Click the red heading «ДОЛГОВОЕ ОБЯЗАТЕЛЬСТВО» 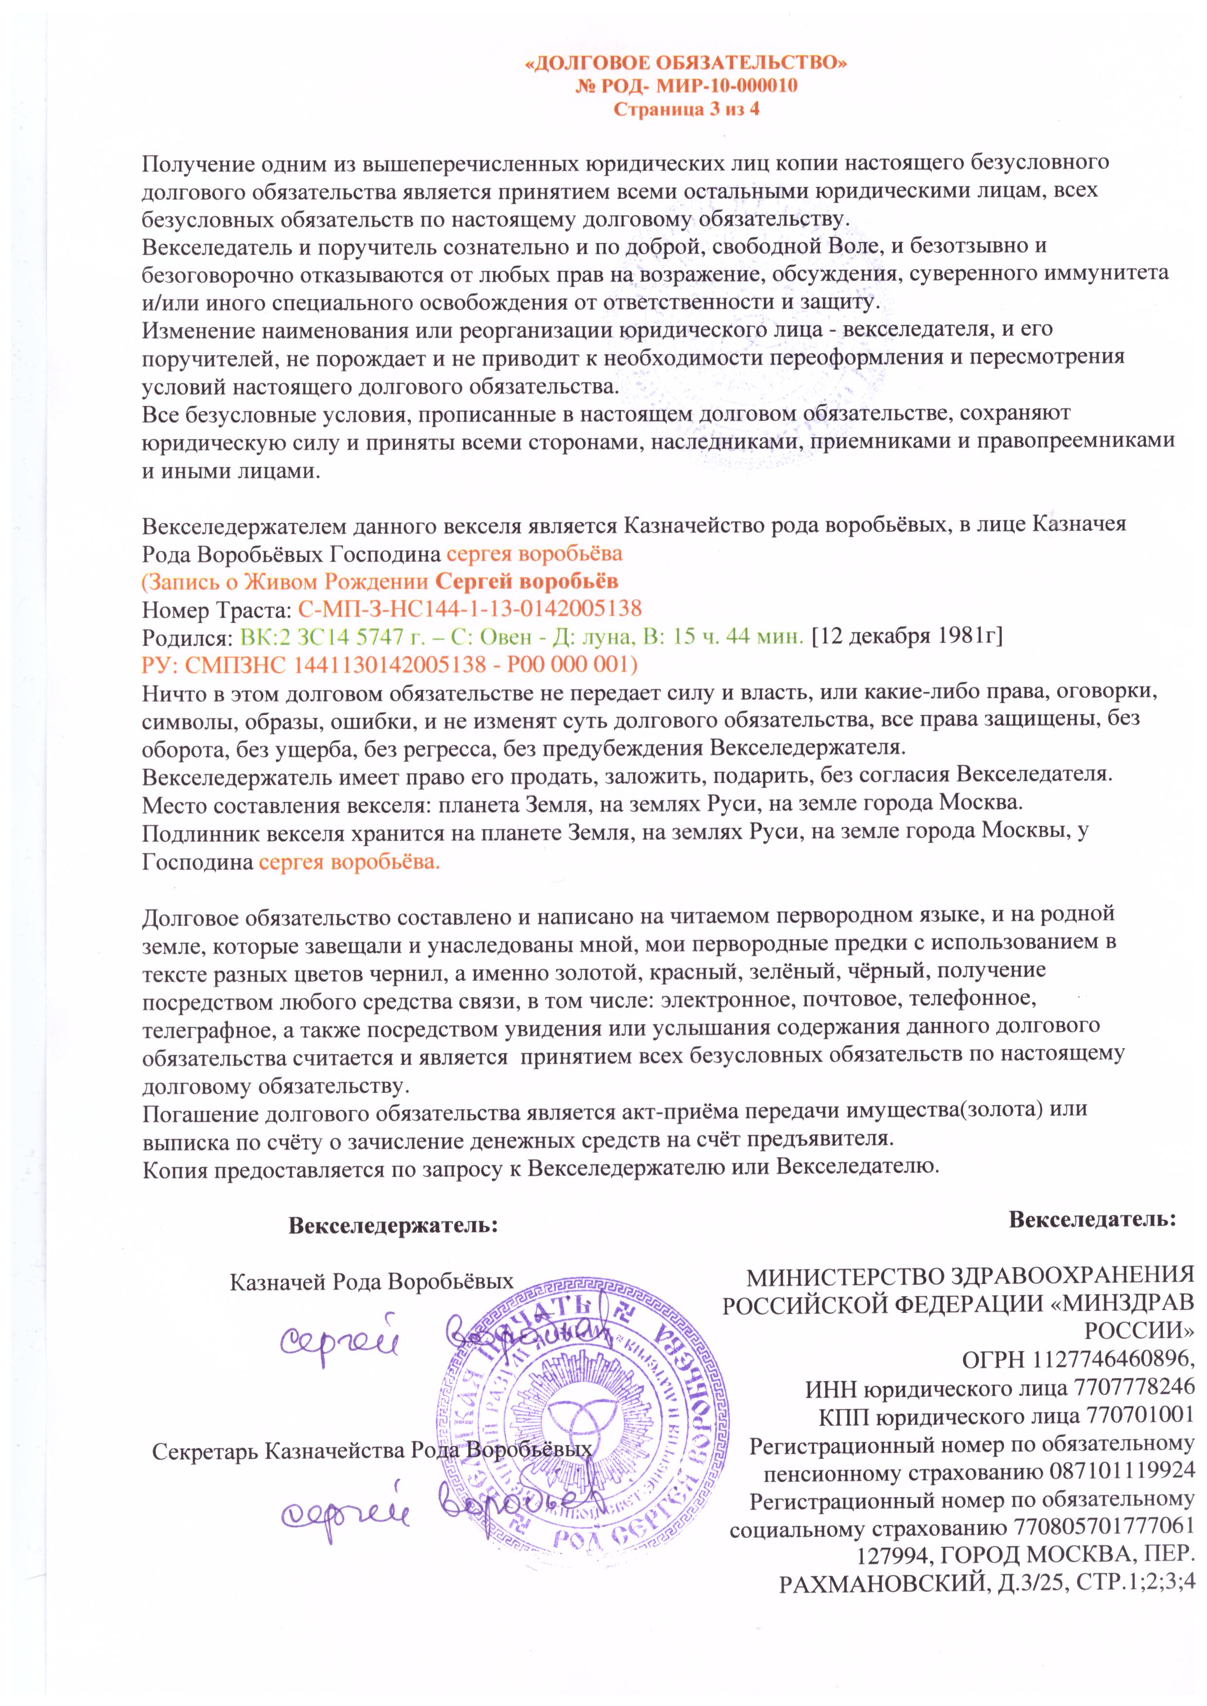click(x=686, y=63)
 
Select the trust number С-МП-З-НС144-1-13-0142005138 click(x=469, y=609)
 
